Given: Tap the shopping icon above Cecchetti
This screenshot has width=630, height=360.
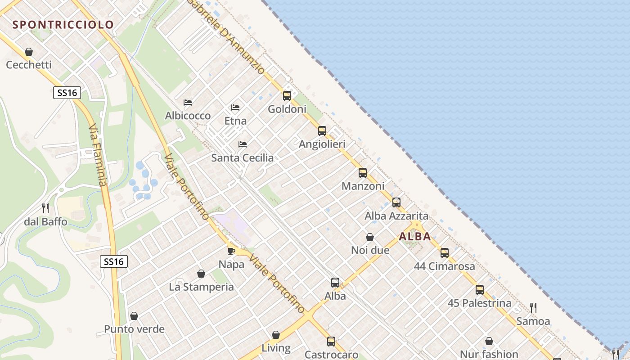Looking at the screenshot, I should coord(29,52).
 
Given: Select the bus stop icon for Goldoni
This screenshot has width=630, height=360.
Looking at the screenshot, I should coord(287,96).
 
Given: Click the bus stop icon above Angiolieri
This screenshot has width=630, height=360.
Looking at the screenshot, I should coord(322,131).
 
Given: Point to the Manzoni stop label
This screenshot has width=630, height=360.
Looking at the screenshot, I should coord(363,186).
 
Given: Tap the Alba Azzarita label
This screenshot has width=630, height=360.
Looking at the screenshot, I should coord(396,216).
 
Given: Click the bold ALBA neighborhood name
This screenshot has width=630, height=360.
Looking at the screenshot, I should coord(415,236).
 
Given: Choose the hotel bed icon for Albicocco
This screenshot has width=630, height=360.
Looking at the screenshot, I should coord(188,103).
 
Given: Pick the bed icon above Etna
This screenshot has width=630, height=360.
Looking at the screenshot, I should coord(235,108).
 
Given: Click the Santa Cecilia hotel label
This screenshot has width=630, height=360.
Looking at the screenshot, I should coord(243,157).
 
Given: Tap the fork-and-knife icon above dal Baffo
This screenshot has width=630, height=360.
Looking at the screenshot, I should coord(45,208).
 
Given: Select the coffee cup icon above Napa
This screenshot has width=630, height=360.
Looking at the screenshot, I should coord(231,251).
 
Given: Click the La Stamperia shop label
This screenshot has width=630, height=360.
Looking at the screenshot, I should coord(201,287).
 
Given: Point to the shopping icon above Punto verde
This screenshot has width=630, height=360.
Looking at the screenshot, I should coord(134,316).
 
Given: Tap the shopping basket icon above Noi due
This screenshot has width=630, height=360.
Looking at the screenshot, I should coord(370,237).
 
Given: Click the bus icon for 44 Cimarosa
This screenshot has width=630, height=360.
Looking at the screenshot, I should coord(445,253).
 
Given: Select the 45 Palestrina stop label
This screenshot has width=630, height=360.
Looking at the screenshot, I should coord(479,303).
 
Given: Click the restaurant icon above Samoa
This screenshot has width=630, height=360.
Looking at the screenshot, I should coord(533,308).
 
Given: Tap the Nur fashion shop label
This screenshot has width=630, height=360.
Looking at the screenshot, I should coord(489,354).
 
